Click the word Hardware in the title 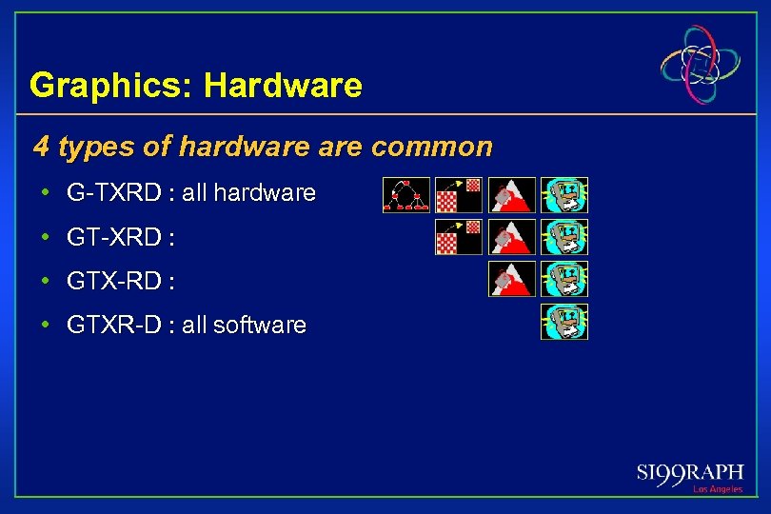click(x=283, y=86)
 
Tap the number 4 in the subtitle click(x=41, y=147)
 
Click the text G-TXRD click(x=113, y=193)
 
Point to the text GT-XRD click(x=113, y=237)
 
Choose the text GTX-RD click(x=113, y=281)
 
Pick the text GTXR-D click(x=113, y=325)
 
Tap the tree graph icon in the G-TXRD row click(x=406, y=194)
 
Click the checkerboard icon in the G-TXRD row click(x=459, y=194)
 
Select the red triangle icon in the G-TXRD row click(x=512, y=194)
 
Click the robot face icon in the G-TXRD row click(x=564, y=194)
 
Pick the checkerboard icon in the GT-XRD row click(x=459, y=237)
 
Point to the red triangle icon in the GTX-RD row click(x=512, y=279)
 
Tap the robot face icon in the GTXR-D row click(x=564, y=322)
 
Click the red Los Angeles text click(x=717, y=489)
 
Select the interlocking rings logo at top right click(x=701, y=65)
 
